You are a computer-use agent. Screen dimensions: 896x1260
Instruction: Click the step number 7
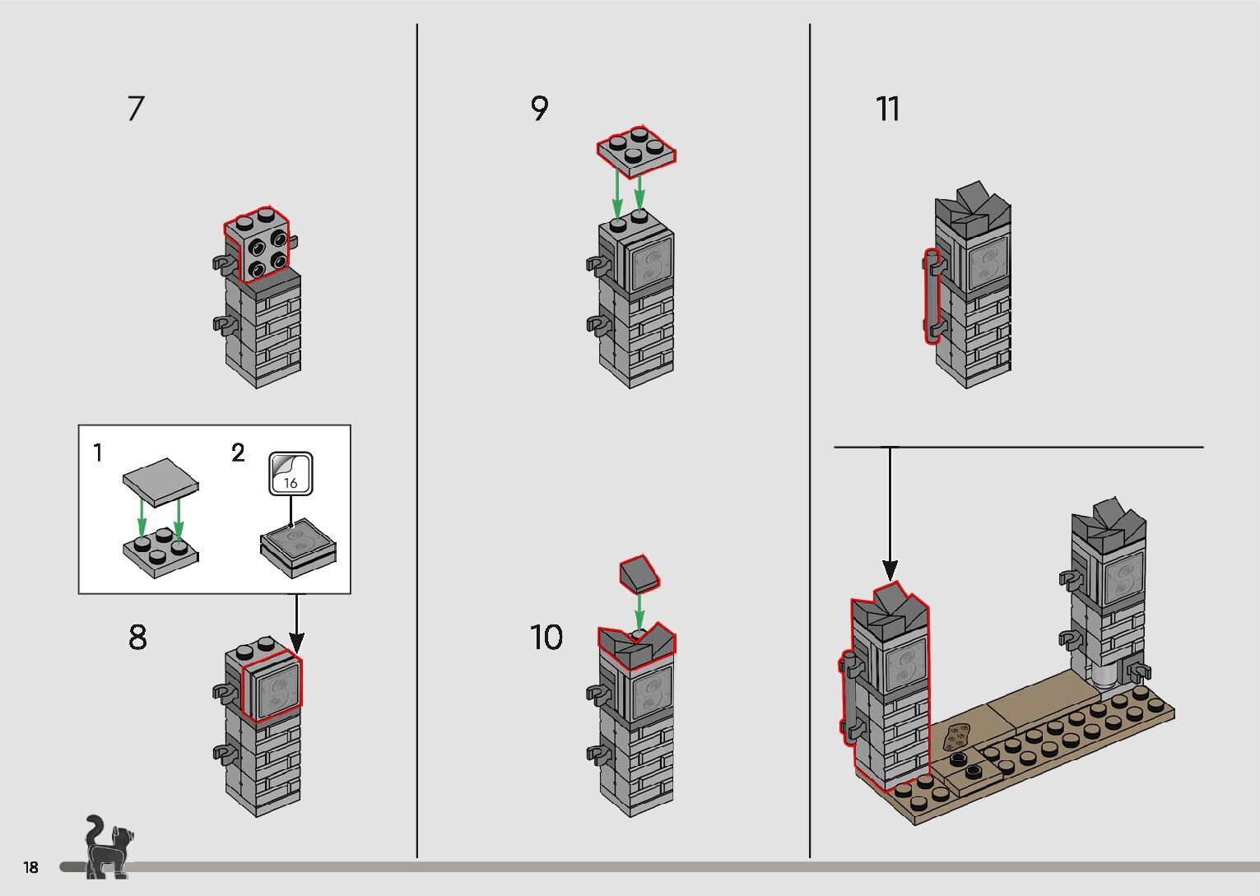pos(137,109)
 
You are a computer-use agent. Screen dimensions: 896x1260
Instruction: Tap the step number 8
pos(137,638)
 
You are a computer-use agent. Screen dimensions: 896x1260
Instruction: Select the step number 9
pos(540,108)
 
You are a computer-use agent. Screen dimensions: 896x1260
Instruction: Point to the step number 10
pos(546,638)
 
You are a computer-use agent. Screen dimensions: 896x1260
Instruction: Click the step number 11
pos(888,109)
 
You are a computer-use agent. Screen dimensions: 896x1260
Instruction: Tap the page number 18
pos(31,867)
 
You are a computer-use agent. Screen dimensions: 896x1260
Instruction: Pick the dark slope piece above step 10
pos(639,573)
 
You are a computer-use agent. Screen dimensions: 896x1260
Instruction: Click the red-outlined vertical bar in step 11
pos(932,296)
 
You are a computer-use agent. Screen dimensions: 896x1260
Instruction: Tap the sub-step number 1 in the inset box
pos(98,453)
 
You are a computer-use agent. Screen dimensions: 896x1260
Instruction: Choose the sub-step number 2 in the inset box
pos(238,453)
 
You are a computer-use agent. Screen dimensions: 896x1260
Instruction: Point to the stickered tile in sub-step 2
pos(297,542)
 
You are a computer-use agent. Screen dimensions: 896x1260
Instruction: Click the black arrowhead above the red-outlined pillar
pos(890,569)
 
